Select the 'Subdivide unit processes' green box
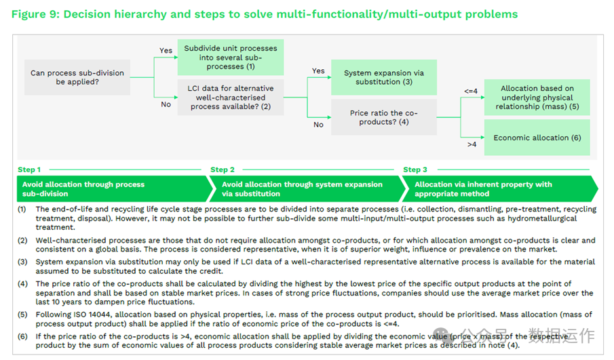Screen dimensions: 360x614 (231, 57)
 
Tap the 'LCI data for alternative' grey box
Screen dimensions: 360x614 (231, 97)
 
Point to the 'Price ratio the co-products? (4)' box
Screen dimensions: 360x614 (383, 117)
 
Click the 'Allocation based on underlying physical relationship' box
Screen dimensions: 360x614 (537, 98)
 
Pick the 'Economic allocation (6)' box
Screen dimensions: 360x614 (537, 138)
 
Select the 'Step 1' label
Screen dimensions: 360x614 (29, 169)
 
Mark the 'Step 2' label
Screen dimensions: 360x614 (223, 169)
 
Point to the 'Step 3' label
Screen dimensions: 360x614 (415, 169)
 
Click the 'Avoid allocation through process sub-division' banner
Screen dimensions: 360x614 (109, 188)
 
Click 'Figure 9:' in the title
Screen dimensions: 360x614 (35, 14)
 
